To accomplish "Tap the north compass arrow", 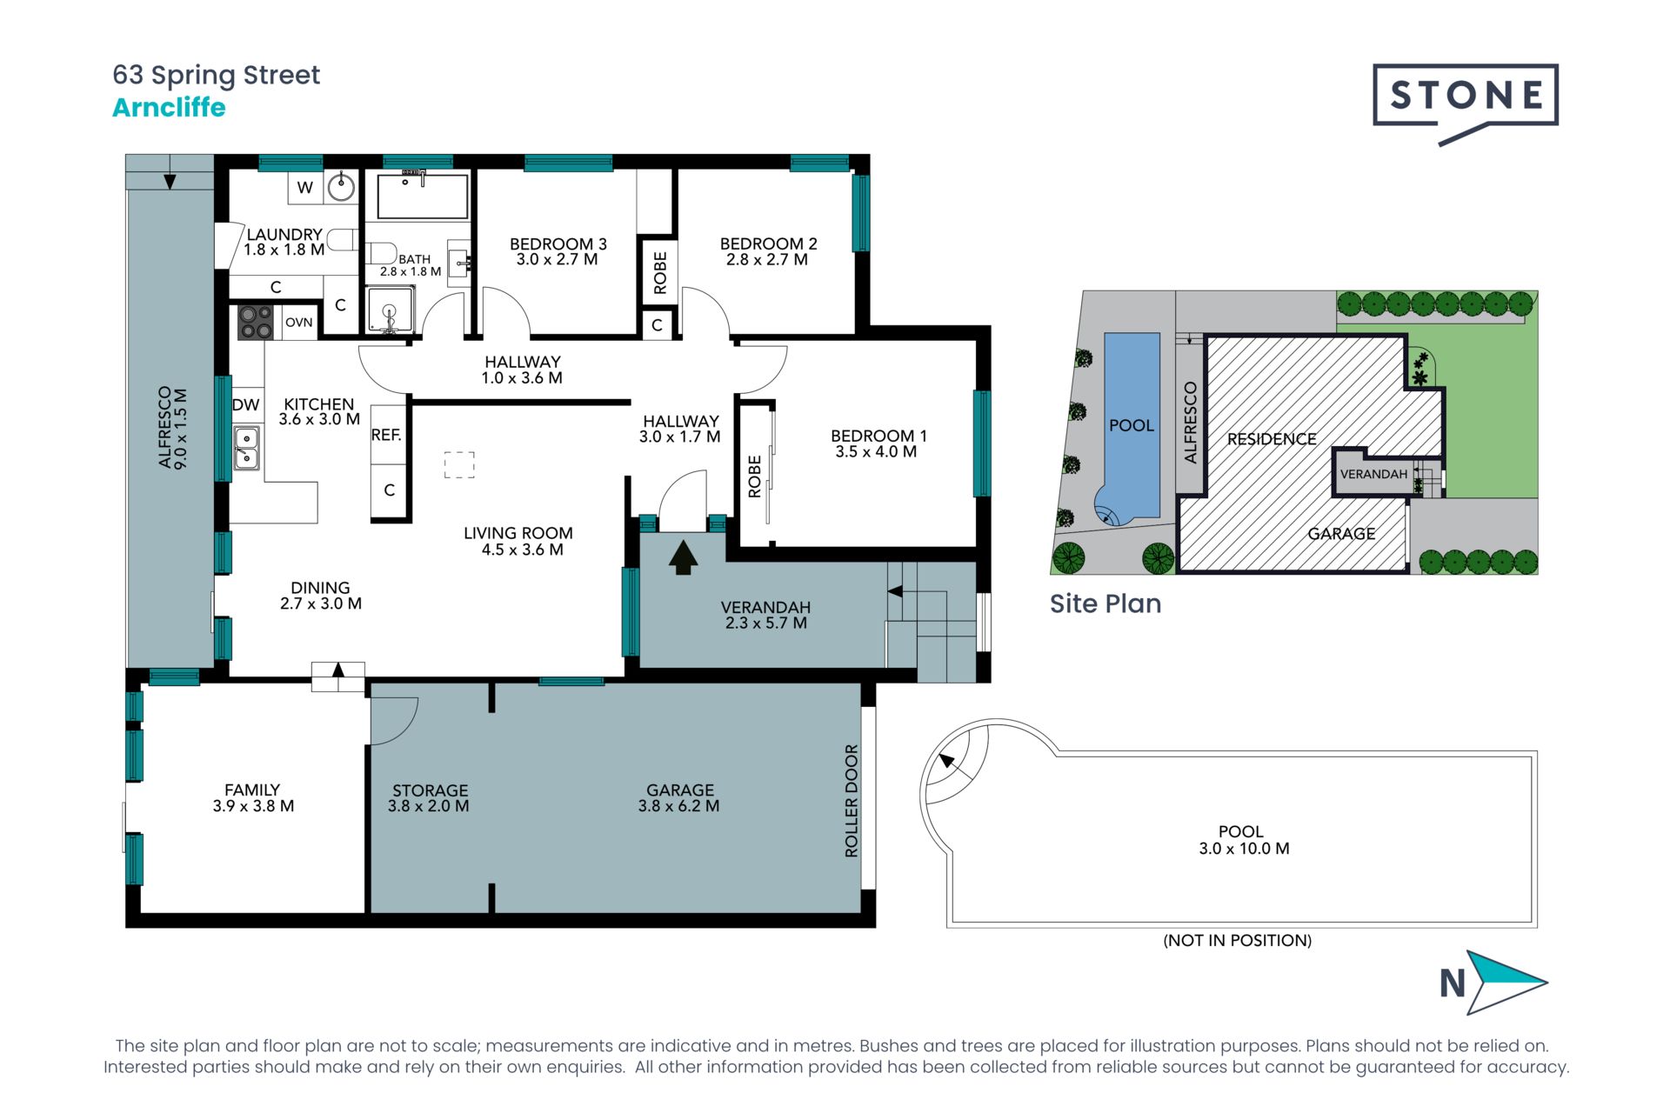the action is point(1506,983).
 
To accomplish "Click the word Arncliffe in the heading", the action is point(169,108).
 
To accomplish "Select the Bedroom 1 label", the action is point(873,443).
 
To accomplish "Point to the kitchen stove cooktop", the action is point(256,322).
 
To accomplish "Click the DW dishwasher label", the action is point(245,404).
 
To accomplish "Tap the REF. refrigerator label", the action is point(386,435).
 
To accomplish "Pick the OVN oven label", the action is point(298,322).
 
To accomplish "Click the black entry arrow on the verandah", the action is point(684,557).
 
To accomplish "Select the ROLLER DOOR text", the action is point(851,801).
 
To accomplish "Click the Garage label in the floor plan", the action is point(679,798).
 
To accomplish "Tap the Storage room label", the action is point(429,798).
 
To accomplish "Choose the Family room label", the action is point(253,798).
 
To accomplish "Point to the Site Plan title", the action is point(1106,603).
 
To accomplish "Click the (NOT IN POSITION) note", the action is point(1238,940).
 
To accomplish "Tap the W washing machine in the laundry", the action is point(305,187).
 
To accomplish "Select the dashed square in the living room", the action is point(459,465).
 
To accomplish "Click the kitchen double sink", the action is point(246,448).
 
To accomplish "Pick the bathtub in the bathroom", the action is point(423,197).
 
